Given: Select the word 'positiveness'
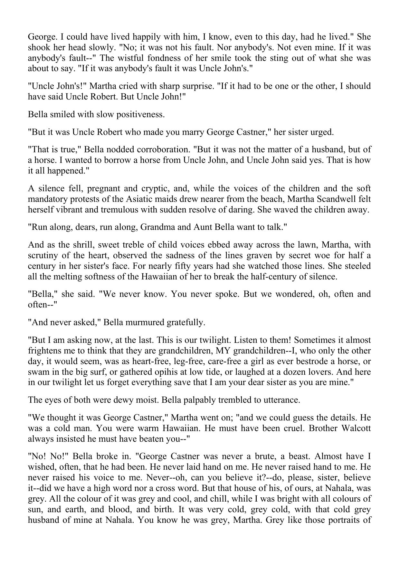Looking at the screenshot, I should point(140,114).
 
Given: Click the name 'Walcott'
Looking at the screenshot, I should point(354,428).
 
